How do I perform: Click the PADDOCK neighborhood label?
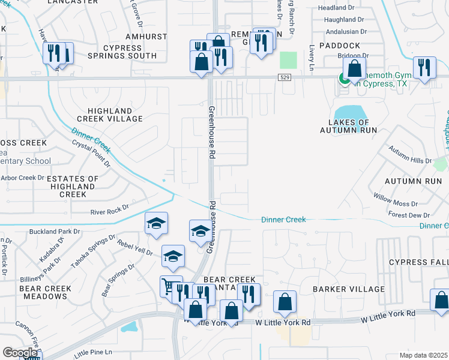click(340, 46)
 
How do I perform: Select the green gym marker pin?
click(345, 78)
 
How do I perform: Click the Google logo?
click(20, 353)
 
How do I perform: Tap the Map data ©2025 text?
click(424, 355)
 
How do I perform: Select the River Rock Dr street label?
click(109, 211)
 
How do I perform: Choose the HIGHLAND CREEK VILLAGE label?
click(115, 115)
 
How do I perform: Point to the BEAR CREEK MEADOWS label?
click(46, 293)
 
